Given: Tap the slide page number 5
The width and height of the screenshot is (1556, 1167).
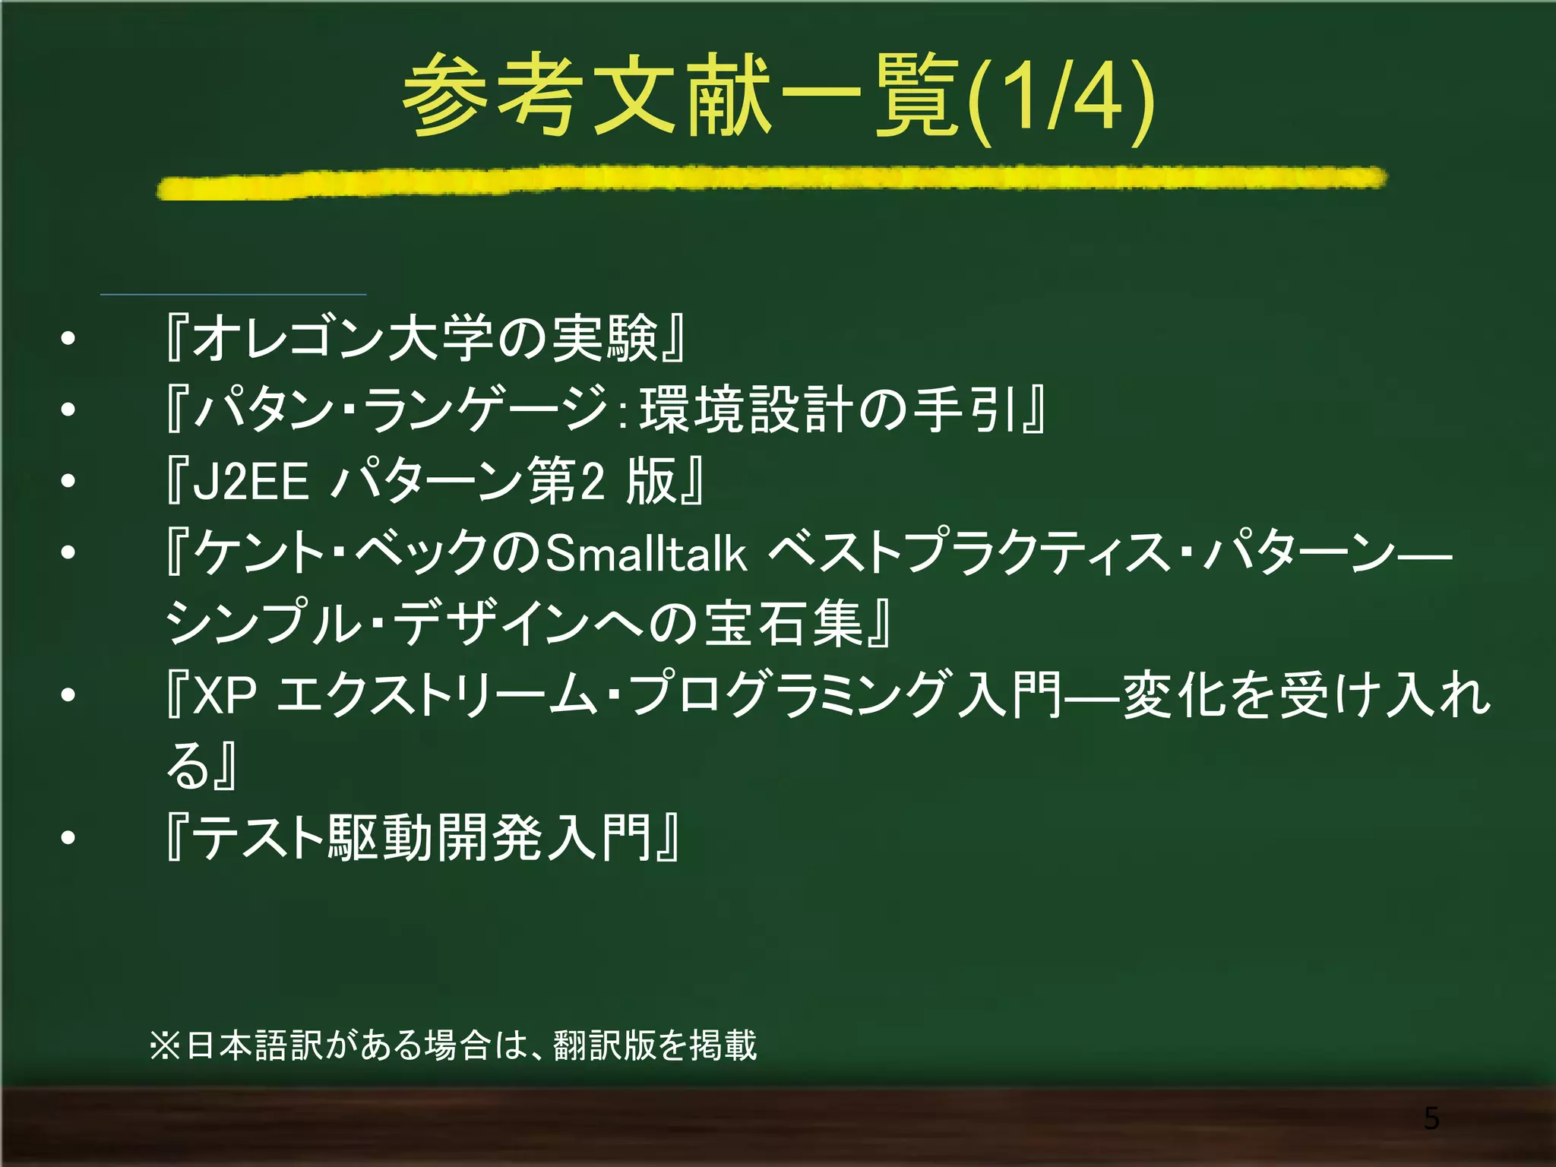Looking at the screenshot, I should (x=1431, y=1118).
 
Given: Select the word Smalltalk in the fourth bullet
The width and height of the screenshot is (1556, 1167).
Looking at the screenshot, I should (x=647, y=552).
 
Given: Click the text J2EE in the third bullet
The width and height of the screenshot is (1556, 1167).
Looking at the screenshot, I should (x=251, y=482).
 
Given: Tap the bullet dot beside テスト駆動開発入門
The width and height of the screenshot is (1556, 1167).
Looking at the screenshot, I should (x=68, y=838).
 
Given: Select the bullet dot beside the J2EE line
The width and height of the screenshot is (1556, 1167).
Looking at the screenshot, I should (x=68, y=481).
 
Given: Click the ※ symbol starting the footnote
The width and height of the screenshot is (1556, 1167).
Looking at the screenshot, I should (x=165, y=1045).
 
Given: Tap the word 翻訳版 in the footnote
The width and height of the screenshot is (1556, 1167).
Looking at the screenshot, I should (x=604, y=1045).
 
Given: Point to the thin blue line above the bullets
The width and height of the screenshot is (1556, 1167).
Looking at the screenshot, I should (x=233, y=294).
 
